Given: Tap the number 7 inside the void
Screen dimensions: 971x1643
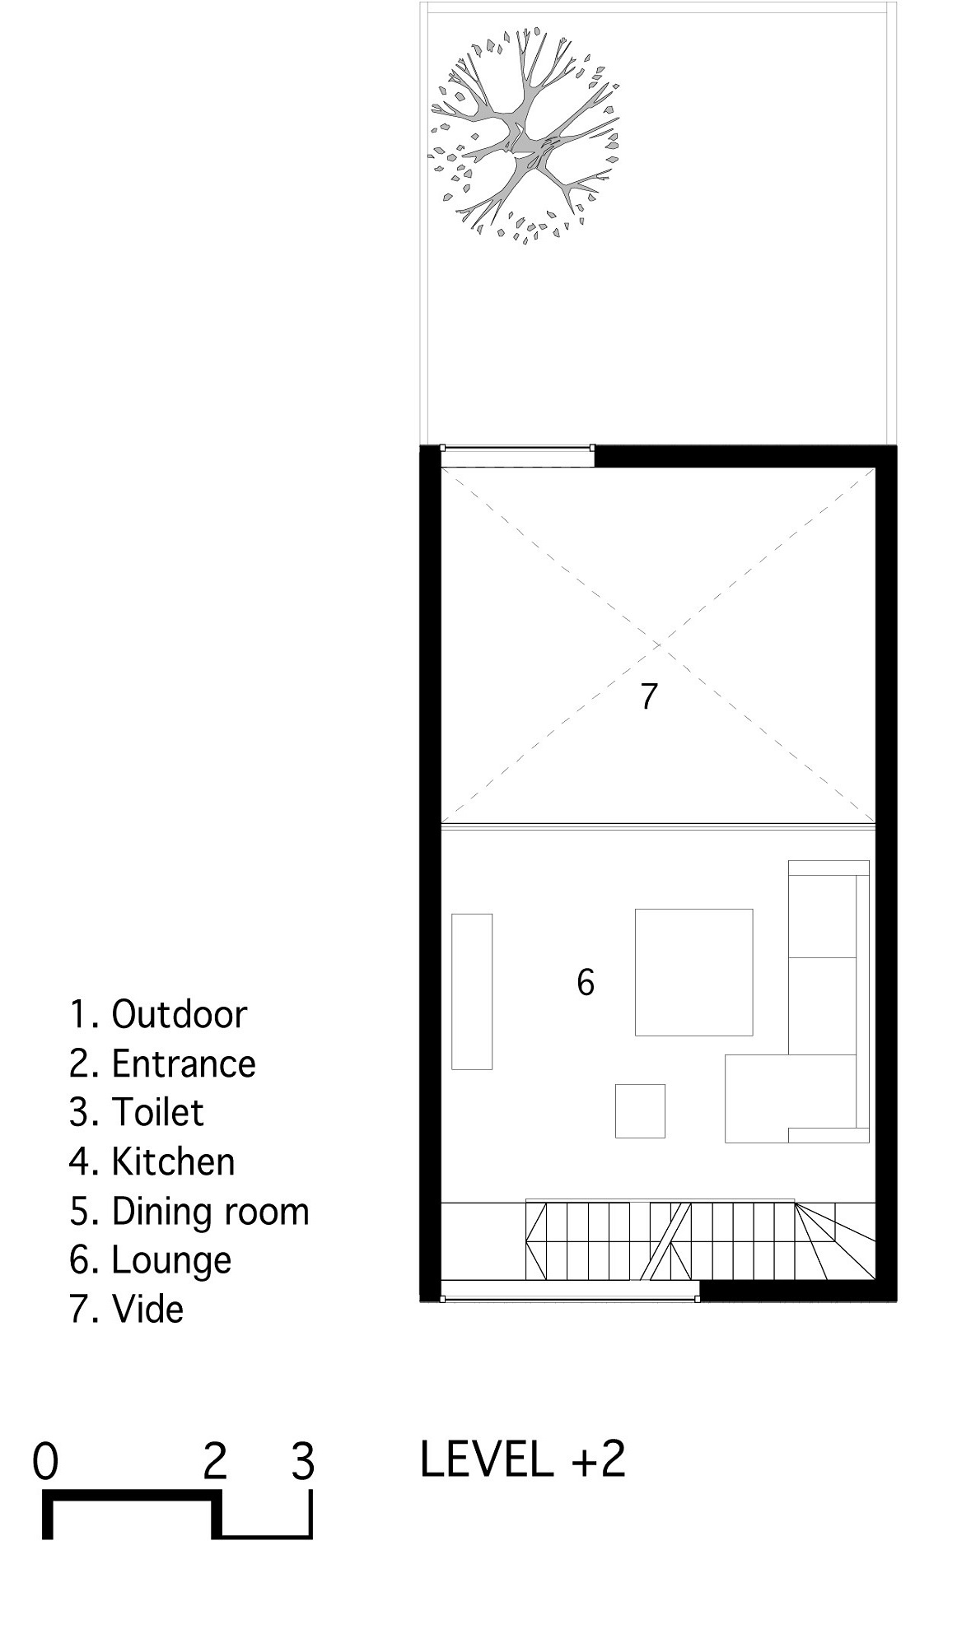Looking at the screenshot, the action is point(649,696).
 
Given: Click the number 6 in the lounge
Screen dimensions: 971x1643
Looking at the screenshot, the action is point(586,982).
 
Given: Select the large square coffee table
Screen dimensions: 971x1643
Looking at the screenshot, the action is point(693,971).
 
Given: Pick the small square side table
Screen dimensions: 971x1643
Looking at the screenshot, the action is point(640,1110).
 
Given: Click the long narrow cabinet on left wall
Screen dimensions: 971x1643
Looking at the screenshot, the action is point(472,991).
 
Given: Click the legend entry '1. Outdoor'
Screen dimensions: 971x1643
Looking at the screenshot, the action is point(158,1014).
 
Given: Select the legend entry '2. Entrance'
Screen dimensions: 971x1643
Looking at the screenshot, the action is point(162,1064).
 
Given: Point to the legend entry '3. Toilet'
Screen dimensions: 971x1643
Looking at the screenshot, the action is point(137,1112).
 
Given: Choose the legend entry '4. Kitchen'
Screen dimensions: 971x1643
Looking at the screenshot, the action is point(152,1161).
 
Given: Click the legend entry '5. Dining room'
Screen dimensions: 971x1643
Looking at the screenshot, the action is point(189,1211).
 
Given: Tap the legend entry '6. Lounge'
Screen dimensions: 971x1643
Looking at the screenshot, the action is point(151,1260).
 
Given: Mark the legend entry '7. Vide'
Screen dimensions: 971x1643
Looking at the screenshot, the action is point(126,1309).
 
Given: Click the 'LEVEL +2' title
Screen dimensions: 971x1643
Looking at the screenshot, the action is point(523,1459).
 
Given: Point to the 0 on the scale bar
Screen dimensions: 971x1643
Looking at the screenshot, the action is point(46,1463).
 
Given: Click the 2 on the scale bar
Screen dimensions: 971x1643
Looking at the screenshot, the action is point(215,1463).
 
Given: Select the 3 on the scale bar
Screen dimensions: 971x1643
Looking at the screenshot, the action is point(303,1463).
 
